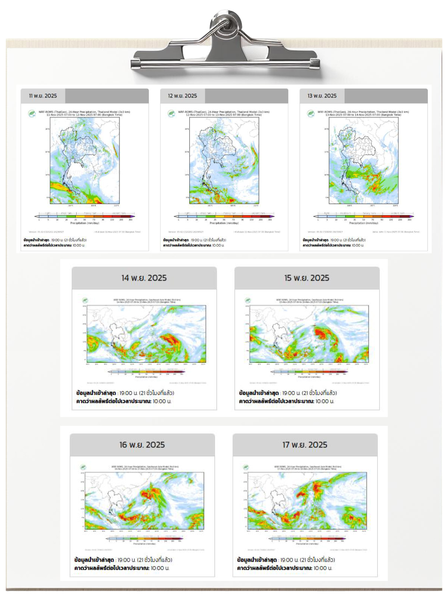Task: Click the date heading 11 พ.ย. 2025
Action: (x=43, y=96)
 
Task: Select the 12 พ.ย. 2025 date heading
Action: (x=182, y=96)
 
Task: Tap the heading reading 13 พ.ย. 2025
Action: (x=322, y=96)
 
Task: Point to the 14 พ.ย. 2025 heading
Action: (x=144, y=278)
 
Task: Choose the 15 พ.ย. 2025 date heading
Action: (x=307, y=278)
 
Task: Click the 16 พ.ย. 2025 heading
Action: (x=142, y=445)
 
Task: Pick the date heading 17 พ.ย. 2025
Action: (x=305, y=445)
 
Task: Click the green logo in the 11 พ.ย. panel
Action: (x=32, y=113)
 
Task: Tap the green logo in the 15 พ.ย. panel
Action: (x=248, y=300)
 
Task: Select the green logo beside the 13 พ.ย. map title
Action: (x=311, y=113)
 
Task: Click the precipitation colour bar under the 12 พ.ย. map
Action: (x=224, y=216)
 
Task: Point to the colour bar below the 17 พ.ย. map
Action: (x=307, y=539)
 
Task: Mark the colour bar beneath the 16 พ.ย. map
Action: (x=144, y=539)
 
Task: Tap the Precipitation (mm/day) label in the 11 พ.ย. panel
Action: (x=85, y=223)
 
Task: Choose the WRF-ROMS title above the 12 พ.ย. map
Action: (x=224, y=113)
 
